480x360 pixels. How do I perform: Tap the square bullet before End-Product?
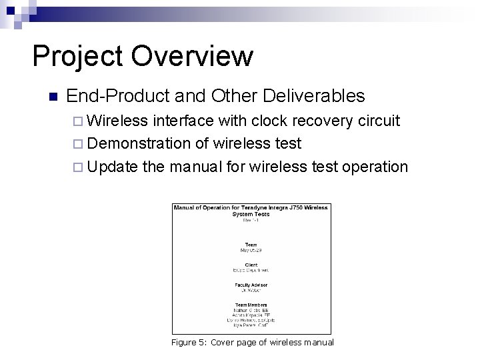53,97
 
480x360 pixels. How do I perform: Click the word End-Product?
118,96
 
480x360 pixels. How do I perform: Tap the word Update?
112,166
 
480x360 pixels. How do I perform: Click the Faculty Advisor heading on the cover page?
251,283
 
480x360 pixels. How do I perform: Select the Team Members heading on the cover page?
251,304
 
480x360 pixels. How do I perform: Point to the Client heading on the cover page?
251,265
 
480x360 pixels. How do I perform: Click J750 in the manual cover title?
293,207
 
